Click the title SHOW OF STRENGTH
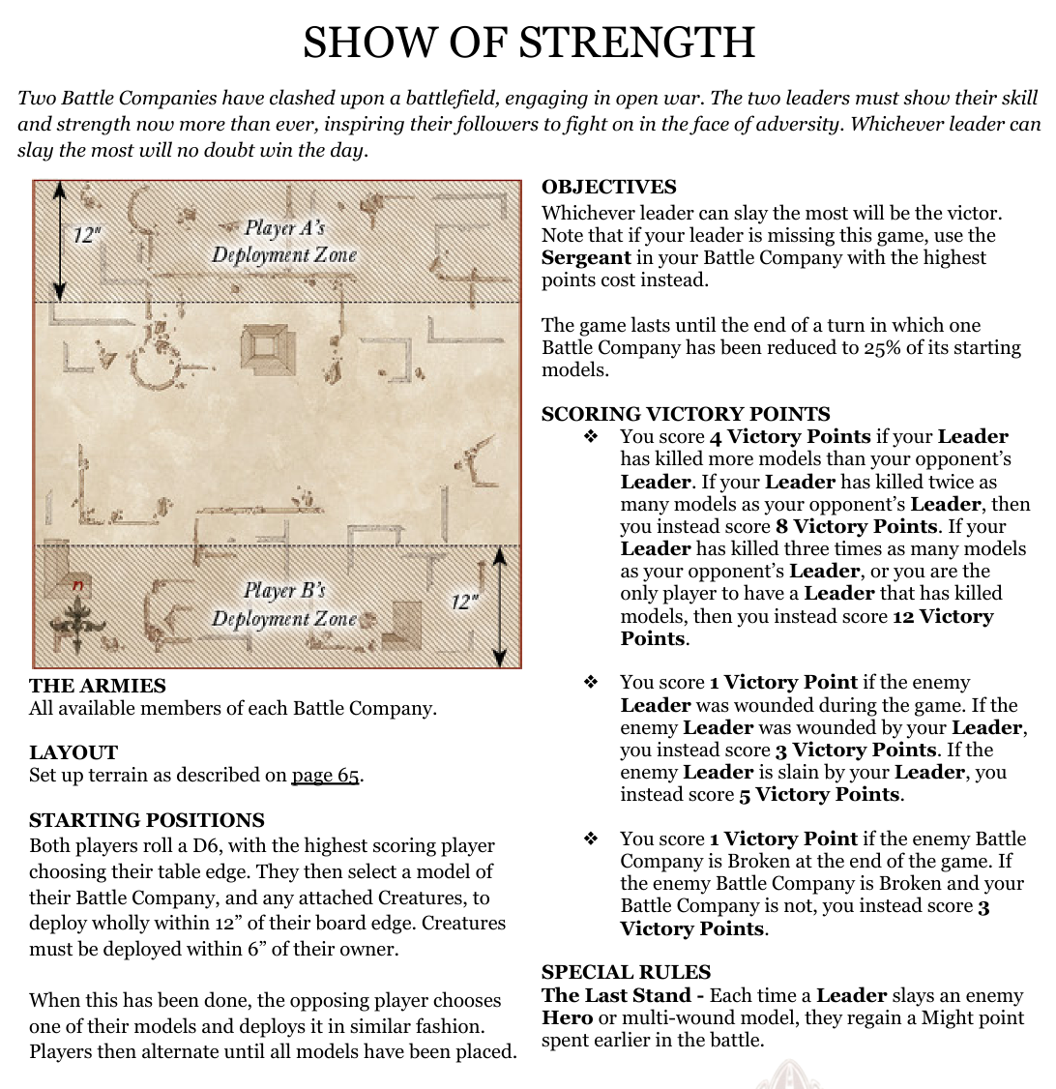coord(528,44)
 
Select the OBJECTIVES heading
coord(608,188)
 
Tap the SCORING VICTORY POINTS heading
coord(686,414)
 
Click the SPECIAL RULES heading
coord(626,972)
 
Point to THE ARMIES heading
coord(98,686)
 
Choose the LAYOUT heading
coord(73,752)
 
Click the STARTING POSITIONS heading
coord(147,820)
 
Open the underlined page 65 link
coord(325,776)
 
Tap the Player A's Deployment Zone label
coord(284,241)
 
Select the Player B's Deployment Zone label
coord(284,603)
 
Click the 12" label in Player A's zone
coord(88,234)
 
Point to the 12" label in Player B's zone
coord(464,602)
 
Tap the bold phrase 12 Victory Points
coord(807,627)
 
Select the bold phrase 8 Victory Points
coord(857,526)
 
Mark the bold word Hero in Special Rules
coord(567,1017)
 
